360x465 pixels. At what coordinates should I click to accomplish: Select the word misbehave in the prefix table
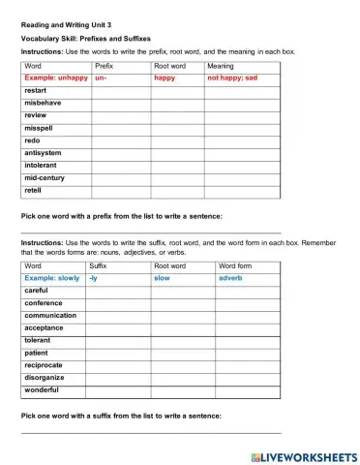[45, 102]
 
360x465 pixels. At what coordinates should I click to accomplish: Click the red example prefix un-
[102, 77]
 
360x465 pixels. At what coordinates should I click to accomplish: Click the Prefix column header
[105, 65]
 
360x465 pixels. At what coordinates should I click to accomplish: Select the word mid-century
[45, 177]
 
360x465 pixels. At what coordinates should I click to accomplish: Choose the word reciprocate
[47, 365]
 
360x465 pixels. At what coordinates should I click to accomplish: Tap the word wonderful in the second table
[43, 389]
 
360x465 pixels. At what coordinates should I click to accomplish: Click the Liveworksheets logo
[303, 455]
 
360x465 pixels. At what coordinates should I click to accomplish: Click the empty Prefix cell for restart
[120, 89]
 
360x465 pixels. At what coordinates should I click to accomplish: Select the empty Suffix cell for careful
[118, 290]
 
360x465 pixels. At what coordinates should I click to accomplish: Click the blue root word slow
[162, 277]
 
